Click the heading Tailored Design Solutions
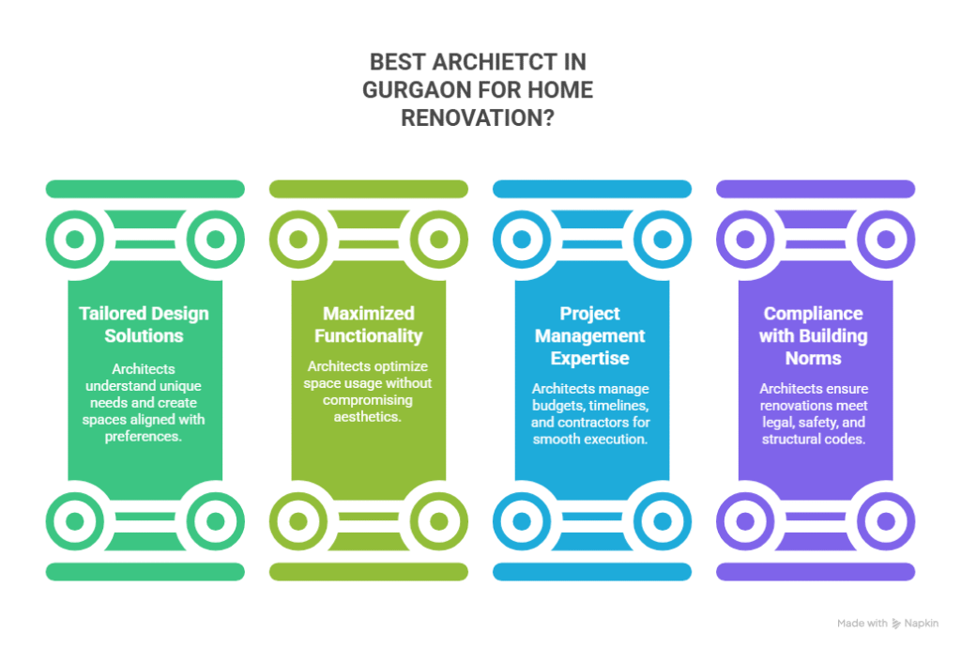click(145, 324)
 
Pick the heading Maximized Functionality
click(368, 324)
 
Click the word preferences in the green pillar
click(145, 437)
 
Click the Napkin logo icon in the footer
click(897, 623)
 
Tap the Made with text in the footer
click(862, 623)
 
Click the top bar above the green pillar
click(145, 189)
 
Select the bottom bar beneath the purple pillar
click(815, 571)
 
